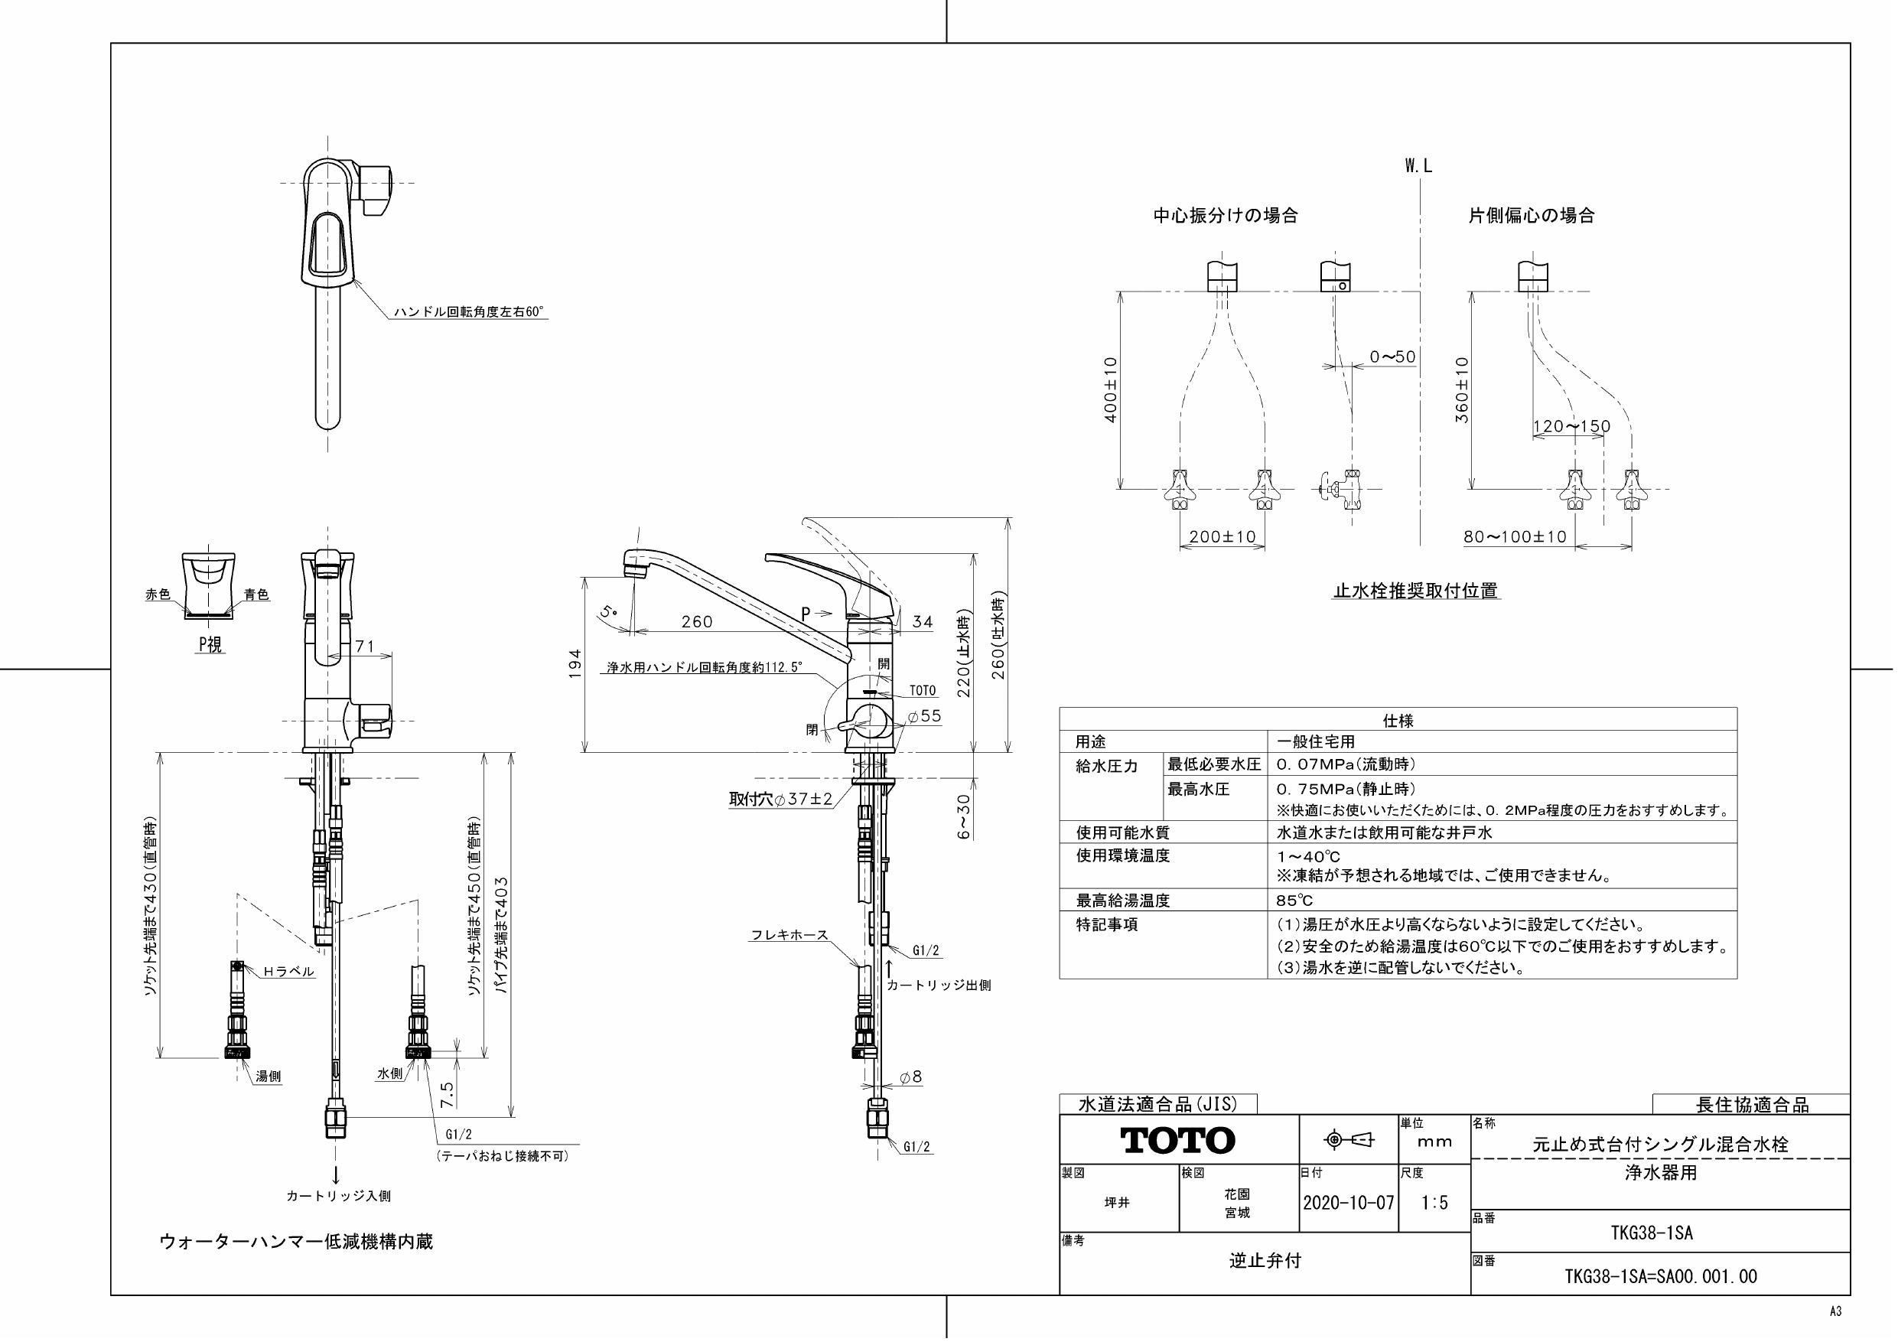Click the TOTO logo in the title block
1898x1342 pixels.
[1177, 1140]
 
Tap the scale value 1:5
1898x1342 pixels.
[1434, 1202]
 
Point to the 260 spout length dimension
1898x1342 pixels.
[697, 622]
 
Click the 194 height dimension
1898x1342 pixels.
[576, 663]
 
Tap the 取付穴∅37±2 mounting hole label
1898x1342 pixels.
[780, 799]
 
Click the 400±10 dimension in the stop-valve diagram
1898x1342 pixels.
[1111, 389]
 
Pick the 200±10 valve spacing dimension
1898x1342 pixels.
[1222, 536]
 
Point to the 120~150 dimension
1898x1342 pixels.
[1571, 427]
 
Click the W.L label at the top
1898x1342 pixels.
[1418, 166]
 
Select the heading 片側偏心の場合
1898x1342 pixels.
[1531, 216]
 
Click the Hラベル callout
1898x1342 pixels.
[288, 972]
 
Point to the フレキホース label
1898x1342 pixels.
[789, 935]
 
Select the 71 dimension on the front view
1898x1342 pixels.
[365, 647]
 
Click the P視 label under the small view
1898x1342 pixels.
[210, 646]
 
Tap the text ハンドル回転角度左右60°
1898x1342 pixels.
[469, 311]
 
